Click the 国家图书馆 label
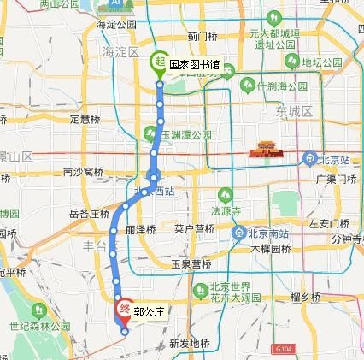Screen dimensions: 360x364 193,64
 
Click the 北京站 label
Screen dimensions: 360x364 335,157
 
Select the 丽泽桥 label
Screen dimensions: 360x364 140,230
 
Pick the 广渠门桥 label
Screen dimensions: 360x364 335,180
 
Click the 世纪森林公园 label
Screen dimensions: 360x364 39,326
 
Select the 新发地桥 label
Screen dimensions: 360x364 189,343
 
